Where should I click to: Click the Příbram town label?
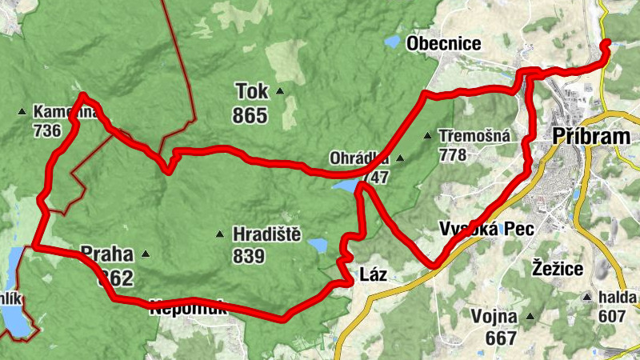[591, 137]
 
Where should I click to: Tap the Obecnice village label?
[444, 44]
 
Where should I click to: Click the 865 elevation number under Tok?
[250, 116]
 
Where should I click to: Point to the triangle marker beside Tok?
[280, 91]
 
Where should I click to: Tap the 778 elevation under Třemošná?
[452, 154]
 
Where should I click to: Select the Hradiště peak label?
[266, 234]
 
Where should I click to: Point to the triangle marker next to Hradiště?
[219, 235]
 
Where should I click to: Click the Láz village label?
[374, 275]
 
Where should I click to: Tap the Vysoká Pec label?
[486, 228]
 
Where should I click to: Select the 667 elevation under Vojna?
[501, 338]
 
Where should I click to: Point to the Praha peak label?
[106, 254]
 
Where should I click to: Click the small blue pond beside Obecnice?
[392, 41]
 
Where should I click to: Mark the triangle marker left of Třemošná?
[427, 136]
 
